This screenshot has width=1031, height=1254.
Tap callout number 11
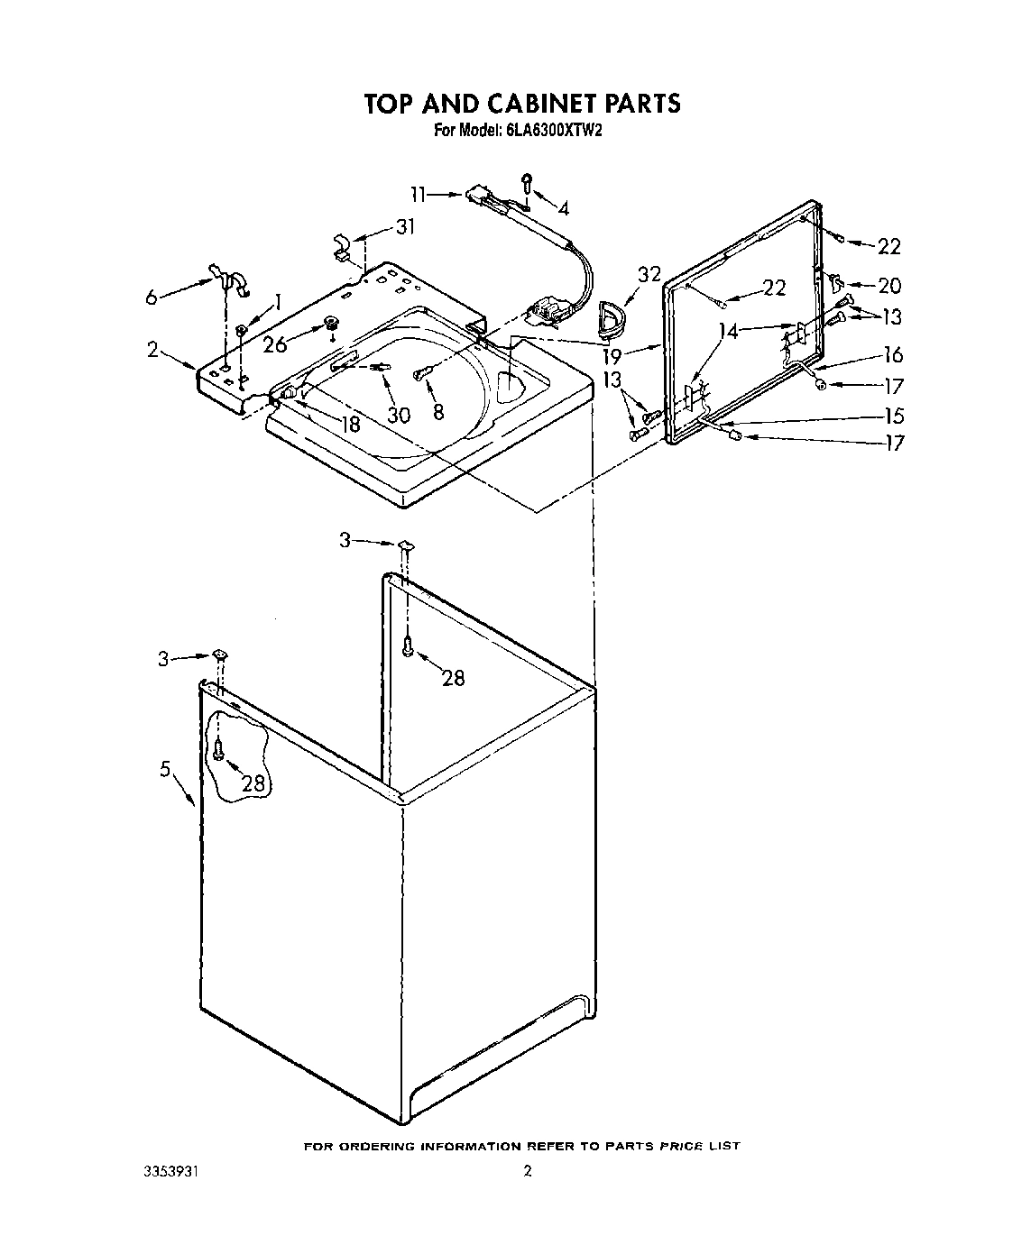pos(418,194)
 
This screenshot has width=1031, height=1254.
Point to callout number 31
pos(406,227)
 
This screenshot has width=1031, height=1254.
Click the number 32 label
pos(649,275)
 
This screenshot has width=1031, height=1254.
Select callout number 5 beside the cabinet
pos(165,769)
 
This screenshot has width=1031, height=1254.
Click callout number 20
pos(888,286)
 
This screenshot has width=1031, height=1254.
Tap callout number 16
pos(892,355)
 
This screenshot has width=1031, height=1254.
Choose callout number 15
pos(892,416)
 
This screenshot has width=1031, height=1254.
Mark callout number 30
pos(399,414)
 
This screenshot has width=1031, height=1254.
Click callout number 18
pos(349,423)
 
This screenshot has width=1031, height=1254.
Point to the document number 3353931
pos(170,1173)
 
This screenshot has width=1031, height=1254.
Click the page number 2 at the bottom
pos(528,1172)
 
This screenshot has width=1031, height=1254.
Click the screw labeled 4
pos(529,183)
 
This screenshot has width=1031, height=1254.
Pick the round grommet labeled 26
pos(331,324)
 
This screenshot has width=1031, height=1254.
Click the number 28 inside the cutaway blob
pos(253,784)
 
